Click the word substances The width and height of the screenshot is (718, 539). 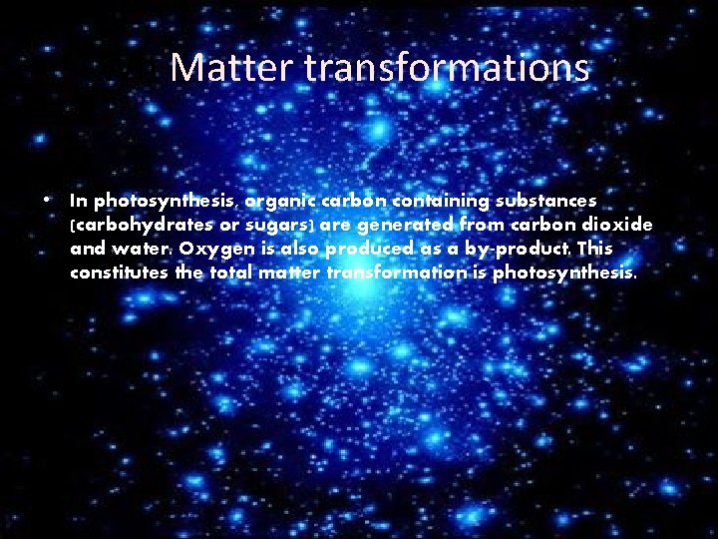pyautogui.click(x=546, y=202)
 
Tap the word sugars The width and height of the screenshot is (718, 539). pyautogui.click(x=282, y=226)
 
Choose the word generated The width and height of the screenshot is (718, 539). pyautogui.click(x=410, y=226)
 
